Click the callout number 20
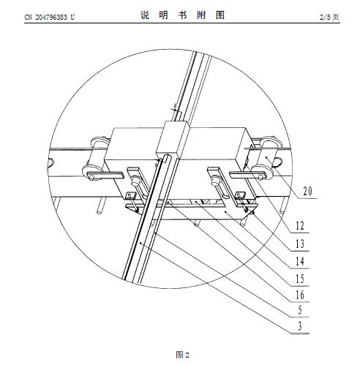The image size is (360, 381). coord(307,191)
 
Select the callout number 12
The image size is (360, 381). coord(300,226)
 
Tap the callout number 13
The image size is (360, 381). coord(300,244)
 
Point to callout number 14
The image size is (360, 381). coord(300,261)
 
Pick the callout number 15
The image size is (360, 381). coord(300,279)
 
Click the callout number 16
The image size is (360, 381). coord(300,295)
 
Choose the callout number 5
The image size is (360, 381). coord(300,310)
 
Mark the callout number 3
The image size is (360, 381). coord(300,326)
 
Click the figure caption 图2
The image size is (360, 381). coord(182,355)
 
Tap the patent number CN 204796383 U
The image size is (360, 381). coord(50,17)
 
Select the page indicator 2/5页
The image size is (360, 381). coord(329,17)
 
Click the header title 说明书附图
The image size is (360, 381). coord(182,15)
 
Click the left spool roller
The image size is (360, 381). coord(96,159)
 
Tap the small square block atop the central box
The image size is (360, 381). coord(173,140)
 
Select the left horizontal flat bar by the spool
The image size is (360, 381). coord(105,176)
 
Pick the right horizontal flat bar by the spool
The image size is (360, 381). coord(247,175)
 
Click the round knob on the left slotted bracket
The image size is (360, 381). coord(135,180)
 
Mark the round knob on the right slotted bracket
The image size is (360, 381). coord(216,181)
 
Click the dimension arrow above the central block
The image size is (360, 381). coord(176,109)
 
